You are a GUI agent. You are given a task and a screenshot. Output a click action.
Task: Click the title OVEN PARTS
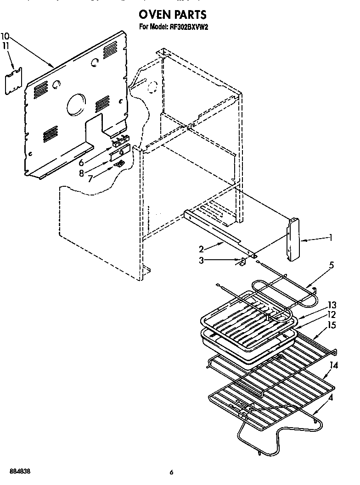pos(172,16)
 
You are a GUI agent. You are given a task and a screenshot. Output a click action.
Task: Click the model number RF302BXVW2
pos(186,28)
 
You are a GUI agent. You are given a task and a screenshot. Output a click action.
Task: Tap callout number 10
pos(5,36)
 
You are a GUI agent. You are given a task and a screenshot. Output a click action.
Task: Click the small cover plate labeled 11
pos(14,81)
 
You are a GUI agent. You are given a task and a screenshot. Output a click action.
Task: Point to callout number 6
pos(81,162)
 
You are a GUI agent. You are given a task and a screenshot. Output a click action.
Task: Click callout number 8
pos(81,173)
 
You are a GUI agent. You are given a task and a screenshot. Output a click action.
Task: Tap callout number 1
pos(330,238)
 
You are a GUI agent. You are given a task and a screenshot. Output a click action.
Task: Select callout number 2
pos(201,249)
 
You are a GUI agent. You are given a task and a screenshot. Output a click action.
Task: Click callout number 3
pos(201,260)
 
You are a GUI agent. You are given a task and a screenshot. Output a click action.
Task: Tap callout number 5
pos(331,265)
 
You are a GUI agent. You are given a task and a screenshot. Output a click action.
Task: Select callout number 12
pos(332,315)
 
